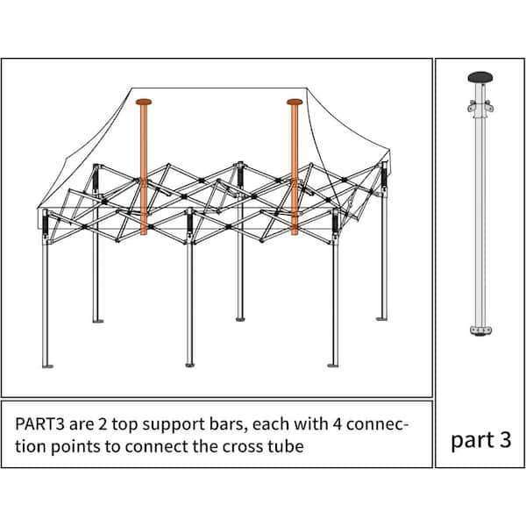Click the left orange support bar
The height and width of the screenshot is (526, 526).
pos(144,175)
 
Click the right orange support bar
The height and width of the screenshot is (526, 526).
pos(294,175)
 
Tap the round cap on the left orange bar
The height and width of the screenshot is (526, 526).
pos(144,102)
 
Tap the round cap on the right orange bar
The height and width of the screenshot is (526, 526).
pos(294,102)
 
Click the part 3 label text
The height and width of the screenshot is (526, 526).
pos(480,439)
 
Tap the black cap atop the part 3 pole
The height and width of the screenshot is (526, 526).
pos(480,78)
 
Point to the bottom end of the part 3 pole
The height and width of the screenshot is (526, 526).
pos(480,331)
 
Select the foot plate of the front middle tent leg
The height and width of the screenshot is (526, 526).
pos(190,364)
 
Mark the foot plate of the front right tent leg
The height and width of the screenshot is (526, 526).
pos(334,364)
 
